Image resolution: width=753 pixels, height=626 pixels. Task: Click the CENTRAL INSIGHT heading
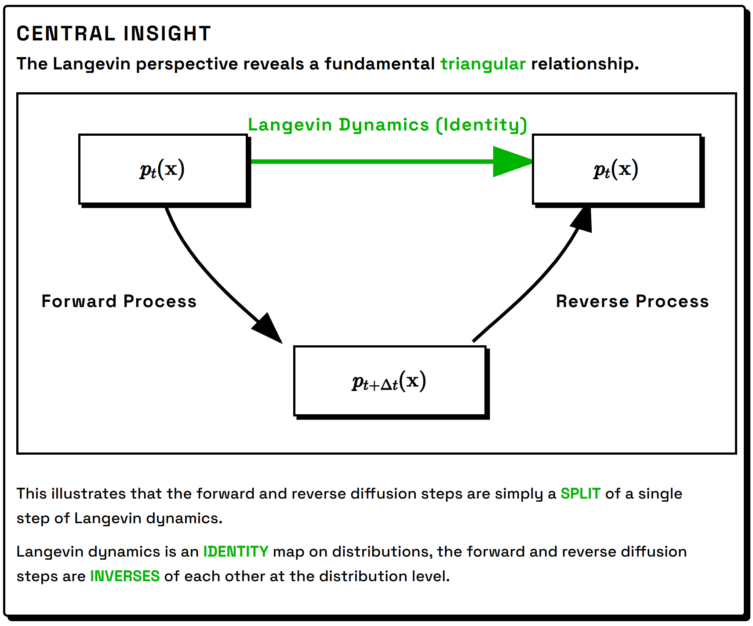click(x=114, y=34)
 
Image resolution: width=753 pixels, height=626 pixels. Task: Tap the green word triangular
click(x=483, y=64)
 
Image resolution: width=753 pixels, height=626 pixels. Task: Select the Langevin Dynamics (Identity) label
click(x=387, y=125)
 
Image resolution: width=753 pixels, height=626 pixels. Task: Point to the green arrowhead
click(x=513, y=162)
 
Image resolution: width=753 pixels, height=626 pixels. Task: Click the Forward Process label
click(x=119, y=301)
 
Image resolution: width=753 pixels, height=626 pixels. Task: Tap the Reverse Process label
click(x=632, y=301)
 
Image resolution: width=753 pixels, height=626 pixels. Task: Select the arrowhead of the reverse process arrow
click(x=582, y=218)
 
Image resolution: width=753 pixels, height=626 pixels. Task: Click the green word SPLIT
click(x=580, y=494)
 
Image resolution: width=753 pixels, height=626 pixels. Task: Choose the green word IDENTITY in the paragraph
click(x=236, y=552)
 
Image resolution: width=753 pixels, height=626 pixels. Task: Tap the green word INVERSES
click(x=125, y=576)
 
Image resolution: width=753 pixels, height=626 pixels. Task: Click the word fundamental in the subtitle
click(x=379, y=64)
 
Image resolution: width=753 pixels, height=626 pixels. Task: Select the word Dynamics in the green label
click(x=384, y=125)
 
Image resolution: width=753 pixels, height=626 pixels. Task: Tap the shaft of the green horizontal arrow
click(x=372, y=162)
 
